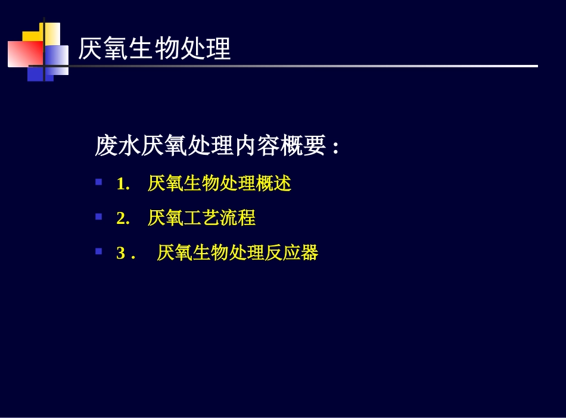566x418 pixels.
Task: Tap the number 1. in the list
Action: click(x=123, y=184)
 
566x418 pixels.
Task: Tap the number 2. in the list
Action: click(x=123, y=219)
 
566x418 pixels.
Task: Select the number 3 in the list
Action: click(x=121, y=253)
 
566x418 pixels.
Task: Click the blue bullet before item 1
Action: click(x=99, y=182)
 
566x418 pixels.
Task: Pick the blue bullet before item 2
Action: click(x=99, y=216)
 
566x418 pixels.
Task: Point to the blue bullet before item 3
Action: click(x=99, y=251)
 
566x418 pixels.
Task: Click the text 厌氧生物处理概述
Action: click(x=219, y=184)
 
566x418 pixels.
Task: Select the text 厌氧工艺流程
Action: click(x=201, y=219)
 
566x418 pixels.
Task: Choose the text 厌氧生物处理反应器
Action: click(x=238, y=253)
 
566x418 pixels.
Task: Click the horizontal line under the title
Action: click(x=298, y=66)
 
